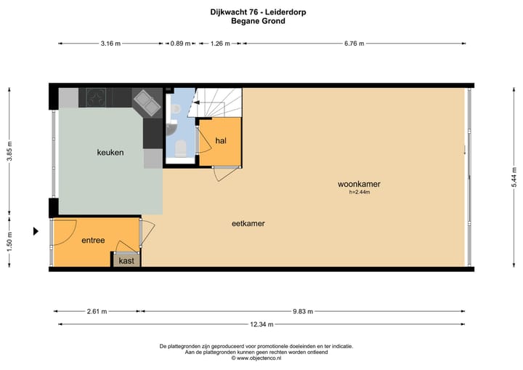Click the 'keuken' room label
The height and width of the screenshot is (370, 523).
click(x=110, y=153)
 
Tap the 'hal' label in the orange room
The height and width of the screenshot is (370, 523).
click(x=221, y=141)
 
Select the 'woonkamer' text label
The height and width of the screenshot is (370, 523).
click(x=359, y=184)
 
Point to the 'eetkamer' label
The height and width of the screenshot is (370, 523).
click(x=248, y=224)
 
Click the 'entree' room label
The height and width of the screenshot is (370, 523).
click(x=93, y=240)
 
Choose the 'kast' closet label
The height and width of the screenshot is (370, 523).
click(x=126, y=260)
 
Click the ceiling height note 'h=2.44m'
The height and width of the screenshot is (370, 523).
click(x=360, y=193)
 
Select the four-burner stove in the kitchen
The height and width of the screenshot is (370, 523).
click(x=97, y=97)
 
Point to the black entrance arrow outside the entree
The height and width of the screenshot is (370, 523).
click(x=35, y=232)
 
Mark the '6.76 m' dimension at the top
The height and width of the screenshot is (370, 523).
click(x=354, y=44)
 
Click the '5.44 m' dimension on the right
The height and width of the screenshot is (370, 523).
click(x=514, y=177)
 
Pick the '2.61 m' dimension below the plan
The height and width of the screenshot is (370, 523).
click(x=97, y=311)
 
